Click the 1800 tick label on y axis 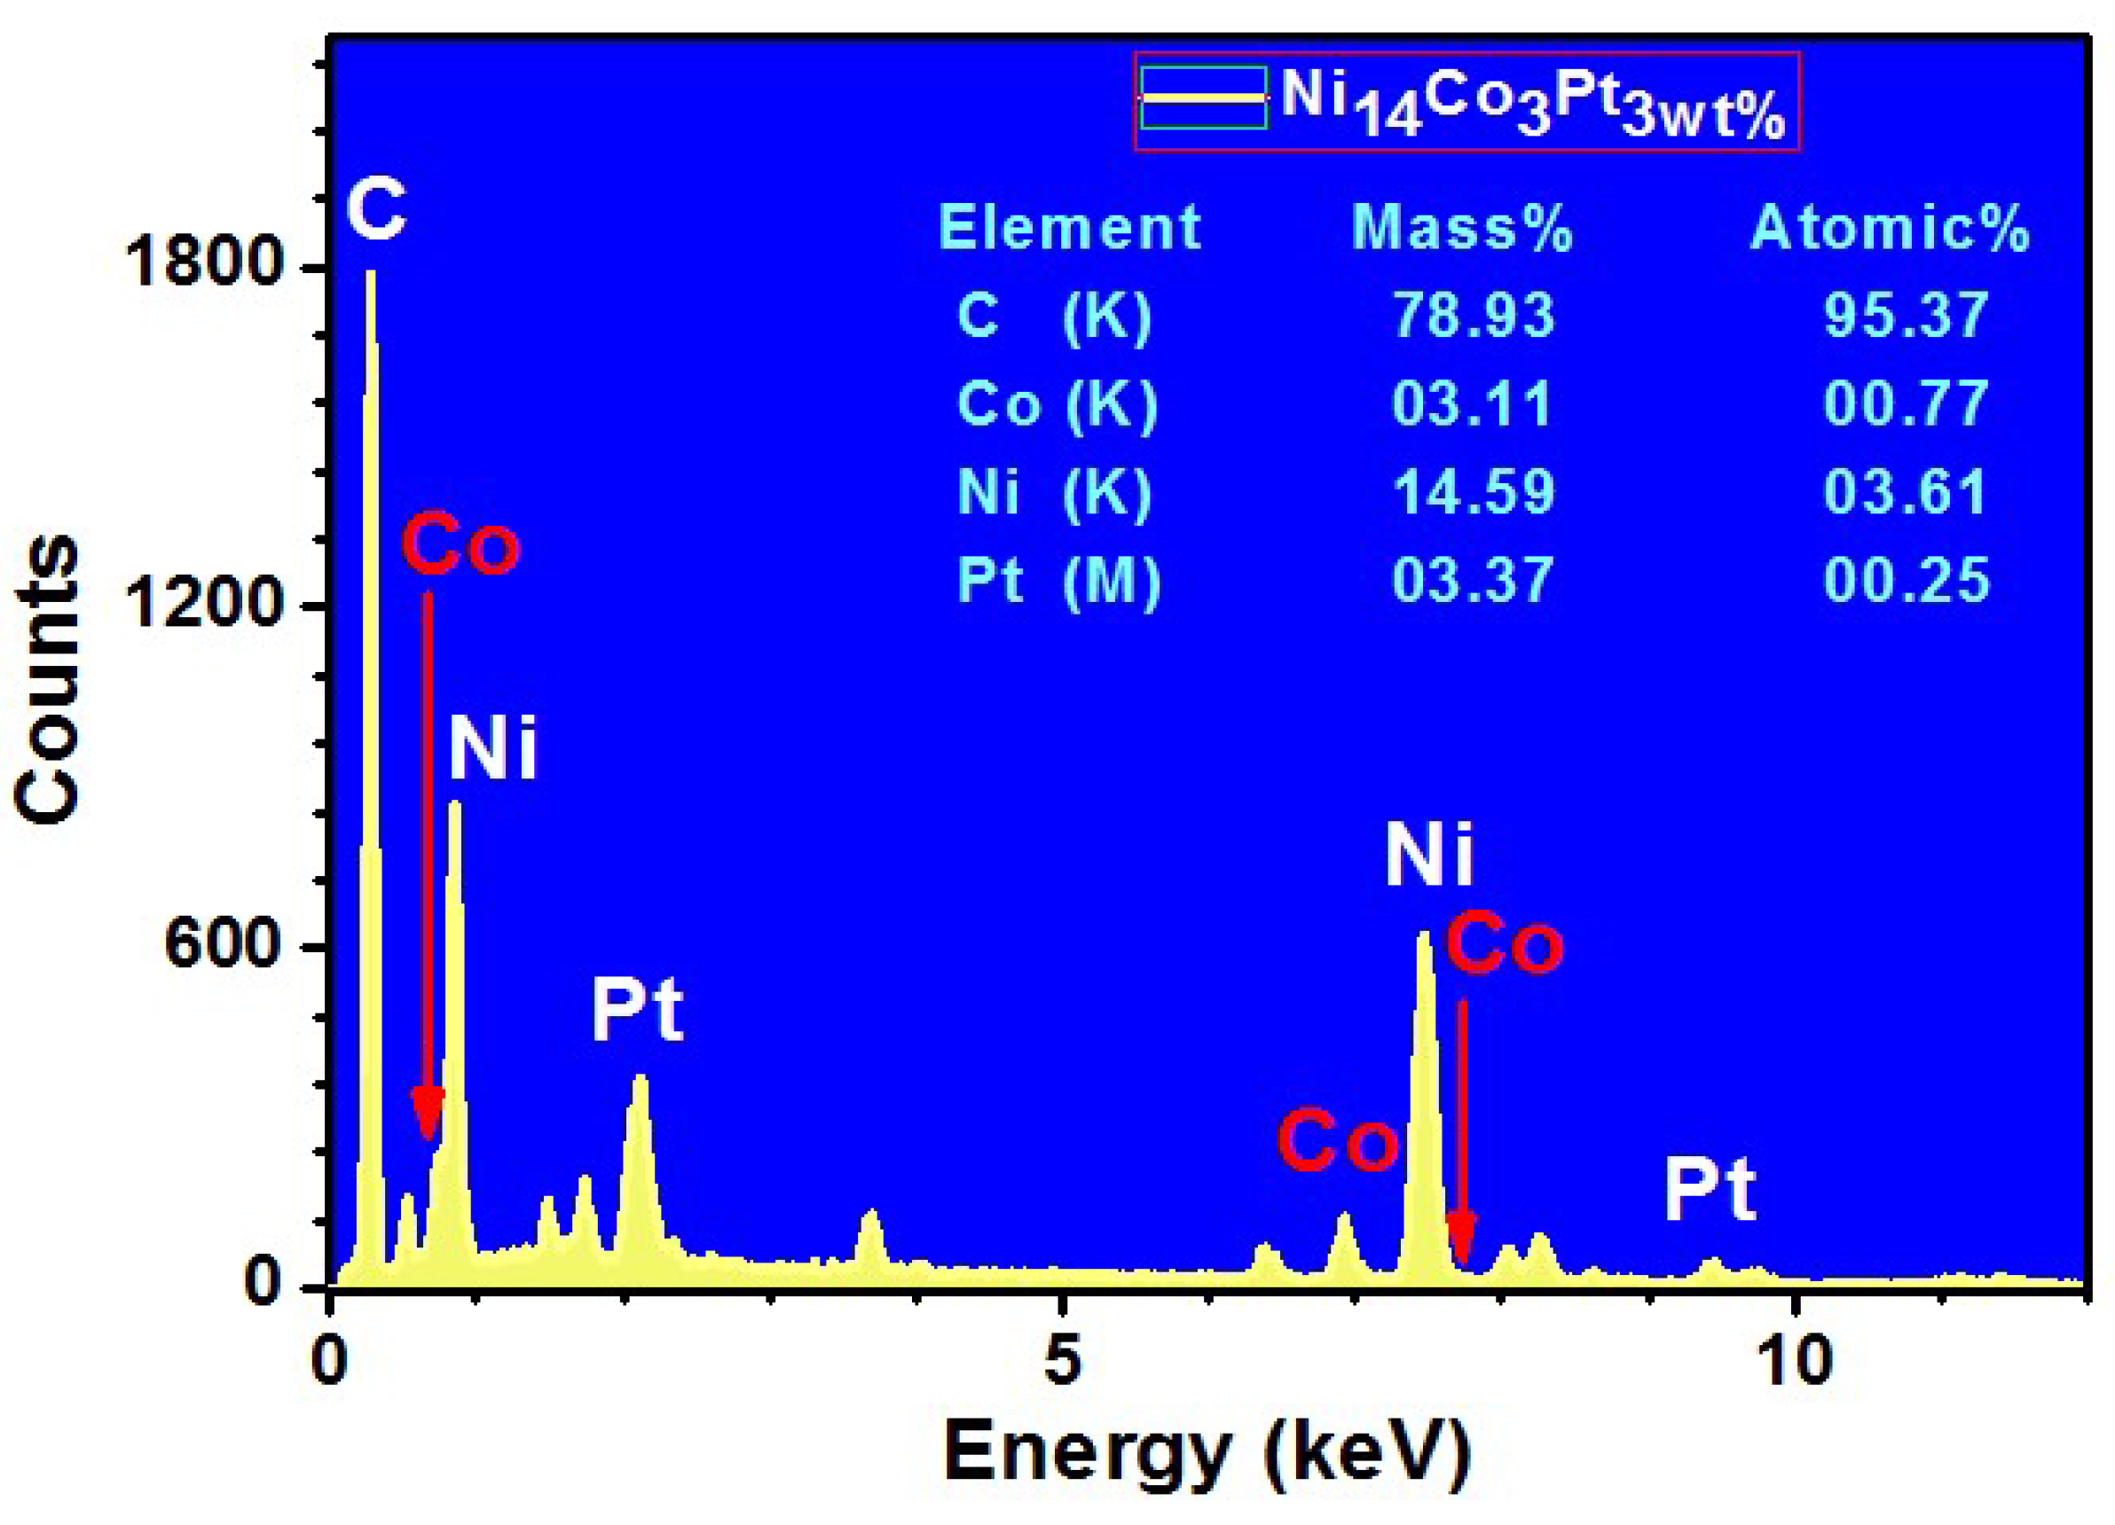(x=203, y=265)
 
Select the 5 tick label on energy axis (x=1061, y=1361)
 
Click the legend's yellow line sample (x=1204, y=97)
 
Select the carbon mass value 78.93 (x=1474, y=315)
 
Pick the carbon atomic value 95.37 (x=1905, y=315)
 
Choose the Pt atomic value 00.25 (x=1905, y=580)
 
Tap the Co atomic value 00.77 (x=1905, y=403)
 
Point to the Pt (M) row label (x=1058, y=580)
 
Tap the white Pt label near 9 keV (x=1710, y=1191)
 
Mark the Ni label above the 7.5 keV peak (x=1428, y=855)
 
